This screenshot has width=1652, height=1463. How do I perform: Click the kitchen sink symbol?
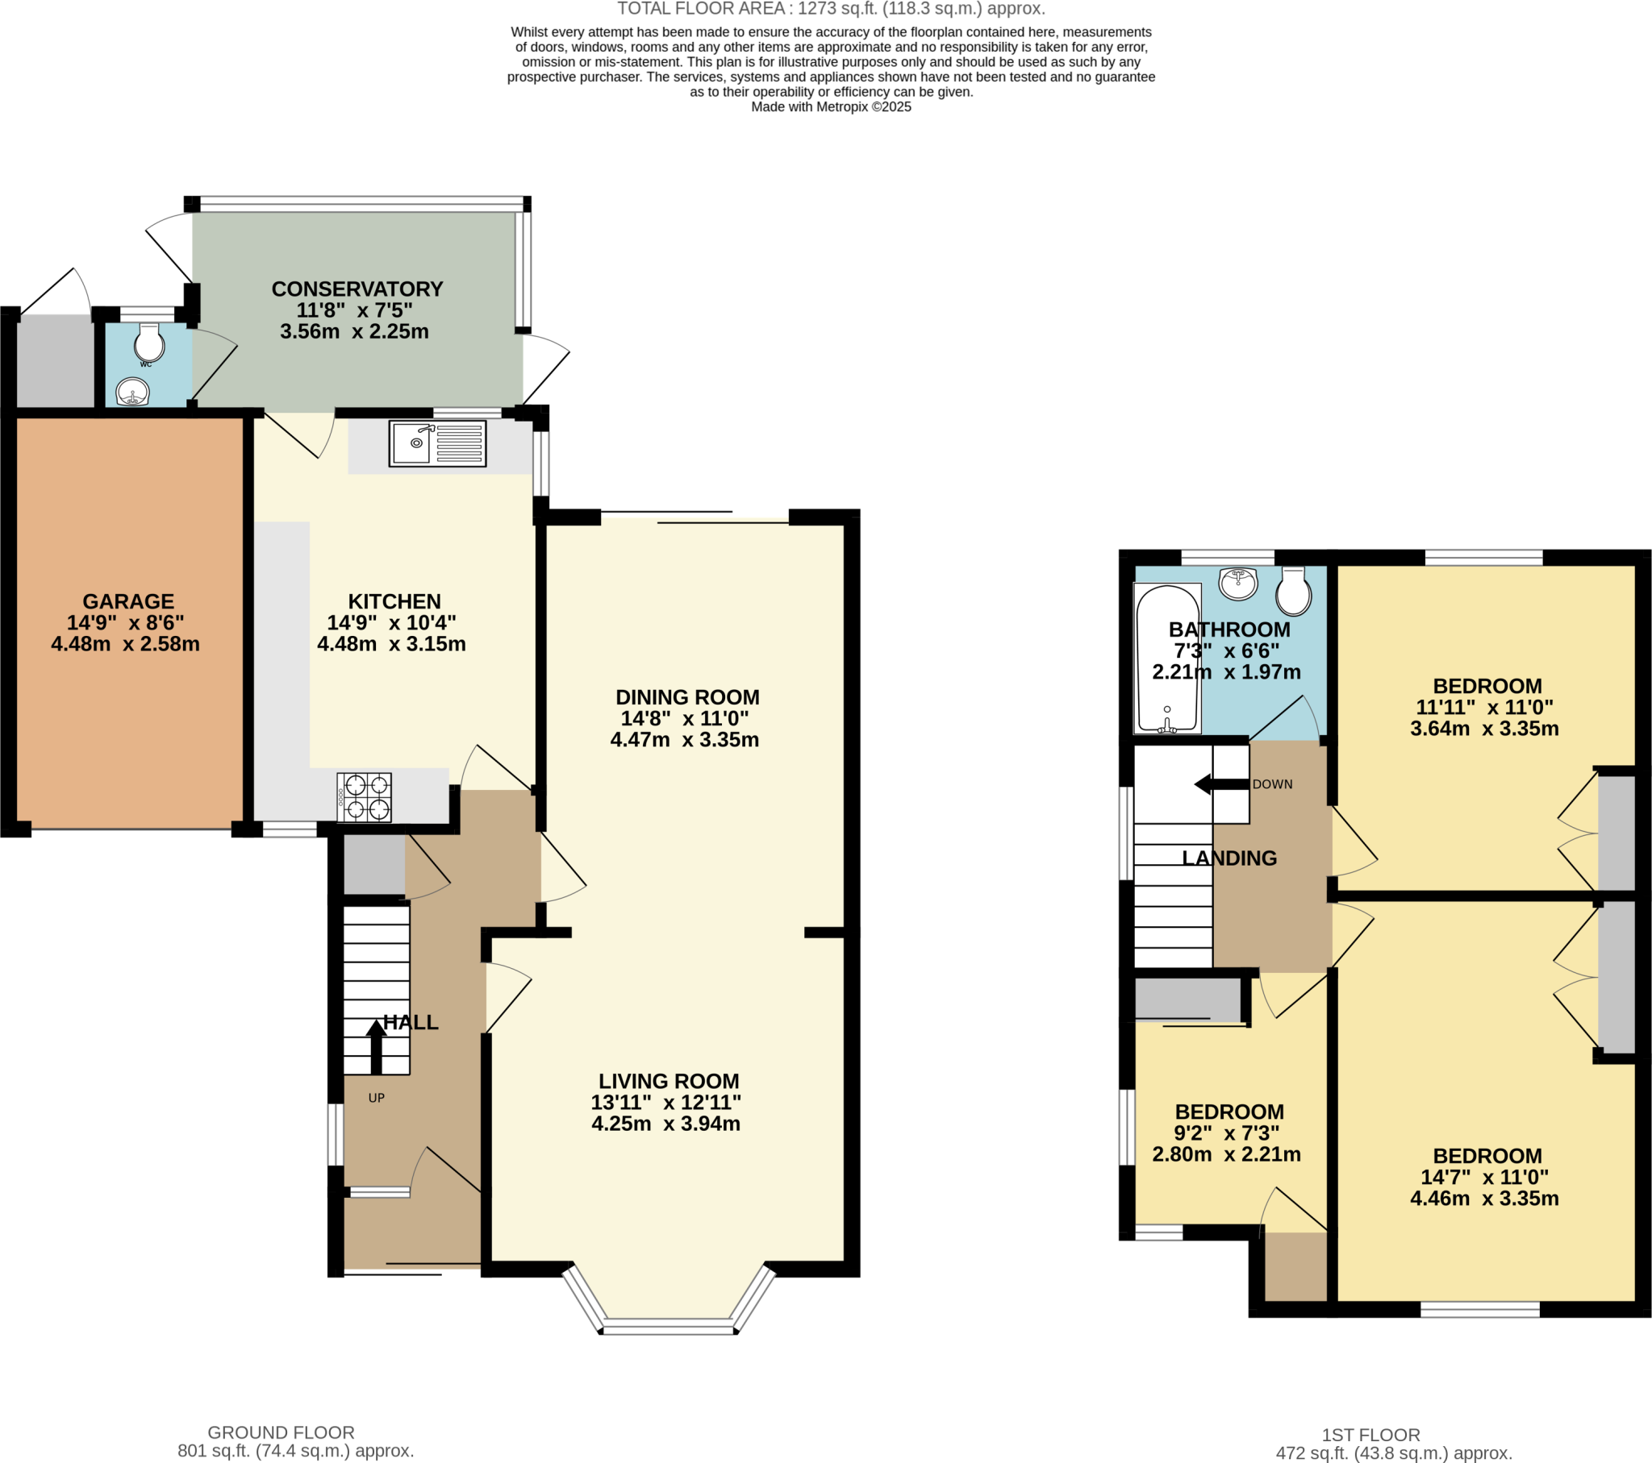(x=437, y=443)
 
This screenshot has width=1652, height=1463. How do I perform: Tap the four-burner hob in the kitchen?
(x=365, y=796)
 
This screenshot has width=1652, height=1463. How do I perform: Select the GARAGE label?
(x=127, y=601)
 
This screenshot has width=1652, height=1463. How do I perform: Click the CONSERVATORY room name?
(x=357, y=289)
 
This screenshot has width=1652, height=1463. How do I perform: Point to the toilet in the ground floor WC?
(x=149, y=343)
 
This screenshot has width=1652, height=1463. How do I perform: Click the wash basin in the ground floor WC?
(x=132, y=393)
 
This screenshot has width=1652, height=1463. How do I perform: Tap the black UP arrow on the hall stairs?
(x=376, y=1045)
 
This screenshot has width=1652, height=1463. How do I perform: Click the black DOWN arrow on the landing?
(x=1221, y=783)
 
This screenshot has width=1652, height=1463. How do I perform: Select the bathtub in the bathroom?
(x=1167, y=658)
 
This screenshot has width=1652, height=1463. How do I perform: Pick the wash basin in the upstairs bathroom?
(x=1238, y=583)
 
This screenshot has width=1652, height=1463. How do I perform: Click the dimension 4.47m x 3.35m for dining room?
(x=685, y=739)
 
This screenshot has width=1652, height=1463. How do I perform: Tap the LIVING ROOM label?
(x=669, y=1081)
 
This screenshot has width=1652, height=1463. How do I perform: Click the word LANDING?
(x=1229, y=858)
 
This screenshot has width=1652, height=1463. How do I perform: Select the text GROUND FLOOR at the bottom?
(x=281, y=1432)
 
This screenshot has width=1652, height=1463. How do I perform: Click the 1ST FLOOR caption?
(x=1370, y=1435)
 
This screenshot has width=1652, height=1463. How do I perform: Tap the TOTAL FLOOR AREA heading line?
(x=831, y=9)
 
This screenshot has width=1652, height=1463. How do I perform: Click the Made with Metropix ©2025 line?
(x=831, y=106)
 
